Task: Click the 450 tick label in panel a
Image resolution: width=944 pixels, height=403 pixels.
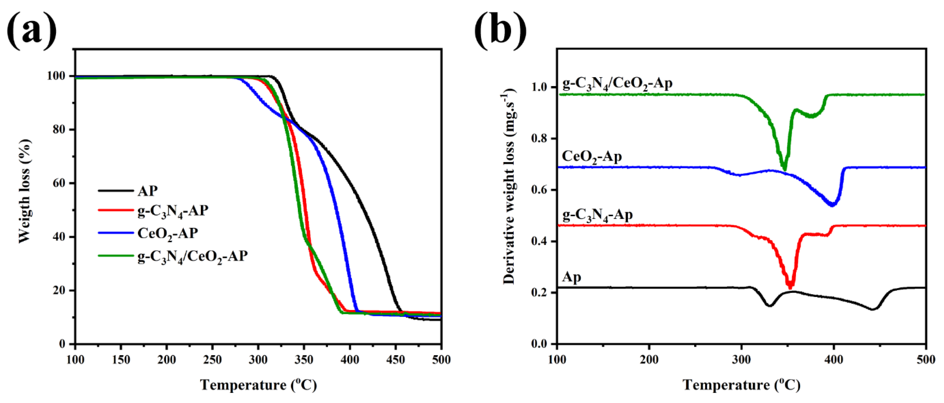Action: [395, 360]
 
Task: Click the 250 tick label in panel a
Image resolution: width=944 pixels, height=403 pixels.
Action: [212, 360]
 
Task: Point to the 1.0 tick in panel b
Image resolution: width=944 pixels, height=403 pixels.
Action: [540, 87]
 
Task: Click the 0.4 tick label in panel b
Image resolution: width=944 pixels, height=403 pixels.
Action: [540, 241]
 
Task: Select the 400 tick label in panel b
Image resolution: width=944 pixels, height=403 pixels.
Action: [834, 360]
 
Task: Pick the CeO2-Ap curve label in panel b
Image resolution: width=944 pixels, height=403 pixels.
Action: [592, 157]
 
